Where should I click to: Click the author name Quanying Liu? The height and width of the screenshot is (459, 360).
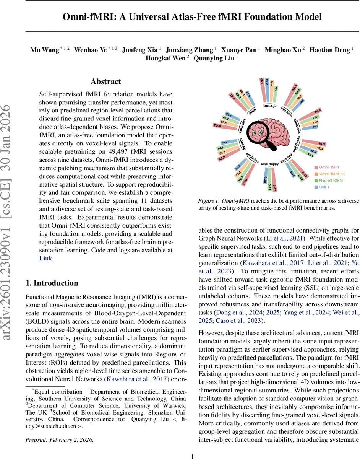[215, 58]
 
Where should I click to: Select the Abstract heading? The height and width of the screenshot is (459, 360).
[105, 81]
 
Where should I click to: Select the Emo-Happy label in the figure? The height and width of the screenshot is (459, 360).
[269, 164]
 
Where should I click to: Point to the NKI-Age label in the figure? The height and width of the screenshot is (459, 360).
[270, 106]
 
